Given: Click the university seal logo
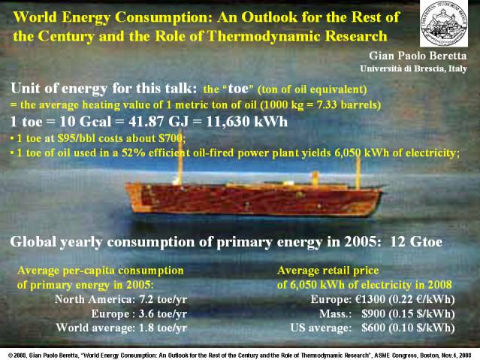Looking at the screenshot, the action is (x=444, y=23).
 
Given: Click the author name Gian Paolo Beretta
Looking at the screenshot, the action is (x=418, y=56).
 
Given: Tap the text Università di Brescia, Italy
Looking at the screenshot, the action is (x=414, y=68).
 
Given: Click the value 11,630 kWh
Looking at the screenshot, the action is (x=246, y=122).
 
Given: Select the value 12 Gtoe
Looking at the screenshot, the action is (x=416, y=242).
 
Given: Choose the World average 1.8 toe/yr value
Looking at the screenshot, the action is (x=163, y=328).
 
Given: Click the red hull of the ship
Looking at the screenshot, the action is (x=253, y=200).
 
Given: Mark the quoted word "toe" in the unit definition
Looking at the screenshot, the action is (x=239, y=89).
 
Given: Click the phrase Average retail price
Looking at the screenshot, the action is (x=328, y=271).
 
